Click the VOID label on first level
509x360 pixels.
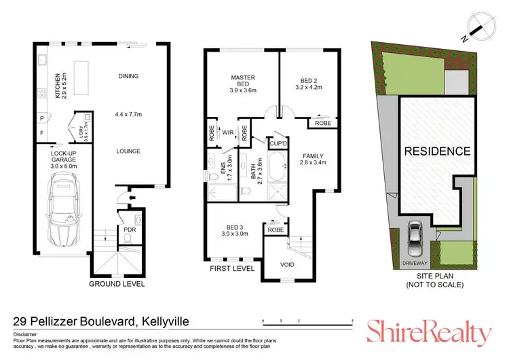(287, 264)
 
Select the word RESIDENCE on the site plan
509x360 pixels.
(438, 151)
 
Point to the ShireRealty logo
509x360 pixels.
(429, 332)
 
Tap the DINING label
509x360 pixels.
(128, 76)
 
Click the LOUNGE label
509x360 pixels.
(128, 151)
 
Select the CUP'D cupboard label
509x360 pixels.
(277, 144)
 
